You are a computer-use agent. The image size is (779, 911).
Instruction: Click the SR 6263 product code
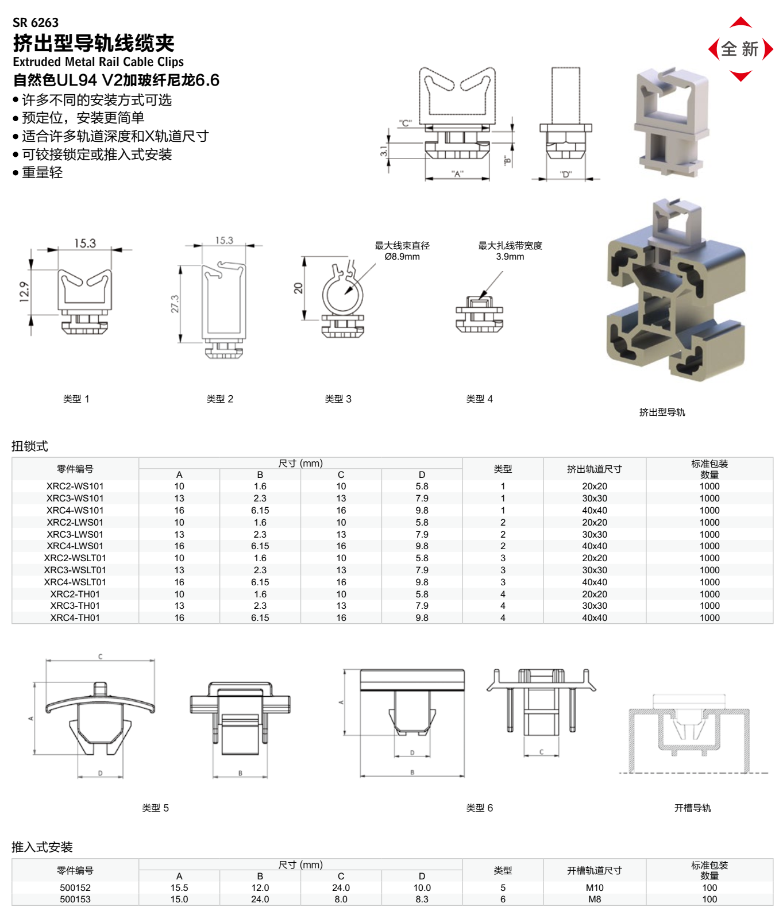(x=36, y=23)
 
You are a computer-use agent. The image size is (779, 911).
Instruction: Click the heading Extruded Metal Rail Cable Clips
(x=98, y=61)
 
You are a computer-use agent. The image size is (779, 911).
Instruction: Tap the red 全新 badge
(x=741, y=49)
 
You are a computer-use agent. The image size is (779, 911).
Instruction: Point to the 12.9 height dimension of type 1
(x=24, y=291)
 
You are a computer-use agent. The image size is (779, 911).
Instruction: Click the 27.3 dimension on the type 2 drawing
(x=175, y=304)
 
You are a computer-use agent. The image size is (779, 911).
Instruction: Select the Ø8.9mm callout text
(x=402, y=257)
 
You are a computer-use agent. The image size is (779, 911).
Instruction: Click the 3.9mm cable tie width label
(x=510, y=257)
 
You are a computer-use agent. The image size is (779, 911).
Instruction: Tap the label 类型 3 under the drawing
(x=338, y=399)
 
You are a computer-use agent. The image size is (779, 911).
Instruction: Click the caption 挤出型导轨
(x=662, y=412)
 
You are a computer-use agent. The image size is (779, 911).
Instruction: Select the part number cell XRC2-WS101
(x=75, y=486)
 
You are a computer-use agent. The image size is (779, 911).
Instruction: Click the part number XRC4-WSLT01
(x=75, y=582)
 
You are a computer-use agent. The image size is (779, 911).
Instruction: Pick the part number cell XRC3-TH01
(x=75, y=605)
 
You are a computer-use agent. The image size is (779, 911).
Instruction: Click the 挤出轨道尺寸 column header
(x=594, y=469)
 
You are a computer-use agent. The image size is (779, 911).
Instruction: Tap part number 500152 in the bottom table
(x=75, y=887)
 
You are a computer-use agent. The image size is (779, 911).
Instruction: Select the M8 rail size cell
(x=594, y=899)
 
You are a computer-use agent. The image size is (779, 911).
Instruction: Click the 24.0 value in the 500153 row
(x=260, y=899)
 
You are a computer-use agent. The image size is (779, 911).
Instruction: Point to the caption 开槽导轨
(x=692, y=808)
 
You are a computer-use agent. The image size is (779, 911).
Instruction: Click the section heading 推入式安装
(x=42, y=847)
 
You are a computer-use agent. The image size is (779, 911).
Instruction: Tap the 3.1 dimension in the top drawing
(x=383, y=151)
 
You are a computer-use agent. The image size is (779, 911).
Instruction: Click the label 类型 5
(x=155, y=808)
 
